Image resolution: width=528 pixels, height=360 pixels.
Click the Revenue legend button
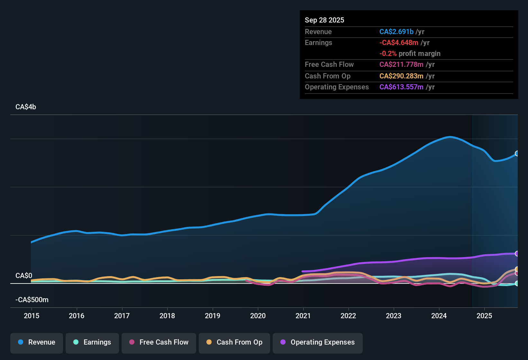click(x=37, y=342)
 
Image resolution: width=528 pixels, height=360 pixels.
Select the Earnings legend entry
click(x=92, y=342)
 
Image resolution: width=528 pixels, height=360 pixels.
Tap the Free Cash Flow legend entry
click(x=159, y=342)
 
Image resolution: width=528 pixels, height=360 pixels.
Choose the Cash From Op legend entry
click(x=234, y=342)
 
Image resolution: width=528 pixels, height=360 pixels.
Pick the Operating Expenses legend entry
click(x=318, y=342)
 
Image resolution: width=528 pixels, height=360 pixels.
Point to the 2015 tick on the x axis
click(x=32, y=316)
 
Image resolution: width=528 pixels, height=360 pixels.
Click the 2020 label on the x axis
click(x=258, y=316)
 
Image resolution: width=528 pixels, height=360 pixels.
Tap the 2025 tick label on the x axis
click(x=484, y=316)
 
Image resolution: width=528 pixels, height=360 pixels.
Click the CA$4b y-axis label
click(x=26, y=107)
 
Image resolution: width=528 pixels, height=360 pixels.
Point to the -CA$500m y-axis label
click(x=32, y=300)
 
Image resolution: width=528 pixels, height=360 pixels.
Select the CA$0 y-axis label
click(x=24, y=276)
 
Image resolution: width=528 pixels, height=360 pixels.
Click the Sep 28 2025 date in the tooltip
click(x=324, y=20)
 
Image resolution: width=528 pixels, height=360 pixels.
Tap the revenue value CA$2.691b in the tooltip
click(x=396, y=32)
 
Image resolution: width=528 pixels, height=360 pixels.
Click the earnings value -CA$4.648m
click(x=399, y=43)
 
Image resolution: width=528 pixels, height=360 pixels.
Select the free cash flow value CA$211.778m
click(x=401, y=65)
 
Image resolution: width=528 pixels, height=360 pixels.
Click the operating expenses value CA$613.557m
click(x=401, y=87)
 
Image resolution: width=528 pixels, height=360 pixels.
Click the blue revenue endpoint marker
click(x=517, y=154)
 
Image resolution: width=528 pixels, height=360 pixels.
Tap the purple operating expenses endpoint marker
click(x=517, y=254)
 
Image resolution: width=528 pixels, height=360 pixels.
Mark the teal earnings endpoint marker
click(x=517, y=283)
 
